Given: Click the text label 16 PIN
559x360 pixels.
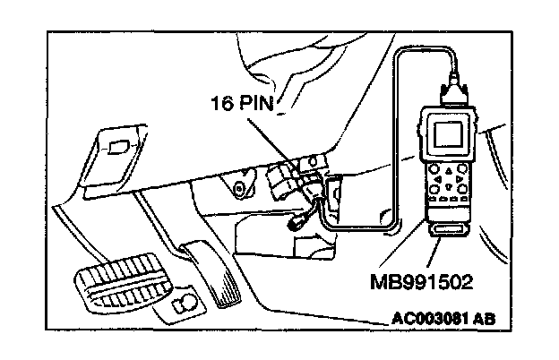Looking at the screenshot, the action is coord(243,103).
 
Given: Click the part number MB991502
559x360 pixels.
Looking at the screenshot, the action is coord(422,282).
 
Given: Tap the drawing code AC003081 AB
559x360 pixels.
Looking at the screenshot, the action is coord(443,318).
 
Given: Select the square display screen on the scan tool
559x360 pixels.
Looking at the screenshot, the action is coord(449,133).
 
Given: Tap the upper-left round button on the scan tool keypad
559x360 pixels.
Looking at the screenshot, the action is coord(434,168).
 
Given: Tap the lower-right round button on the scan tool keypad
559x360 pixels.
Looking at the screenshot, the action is coord(463,188).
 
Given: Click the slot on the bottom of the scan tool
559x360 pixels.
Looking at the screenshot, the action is coord(448,230).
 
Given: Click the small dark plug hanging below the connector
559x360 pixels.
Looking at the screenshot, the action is coord(297,224).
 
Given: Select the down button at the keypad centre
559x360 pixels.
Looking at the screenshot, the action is coord(449,185).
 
